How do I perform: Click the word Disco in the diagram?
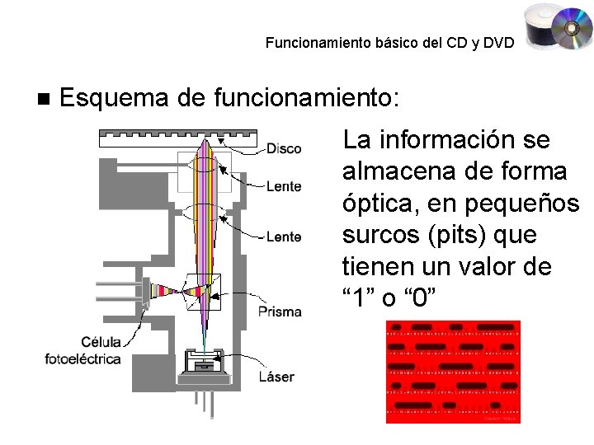click(x=284, y=149)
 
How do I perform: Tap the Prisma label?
click(x=280, y=311)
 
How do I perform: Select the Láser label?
click(x=276, y=377)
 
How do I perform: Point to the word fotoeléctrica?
click(x=82, y=358)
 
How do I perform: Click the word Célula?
click(x=101, y=342)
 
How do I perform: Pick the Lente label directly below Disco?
click(x=284, y=187)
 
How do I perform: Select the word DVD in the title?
click(x=499, y=42)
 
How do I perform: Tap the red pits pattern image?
click(x=453, y=371)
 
